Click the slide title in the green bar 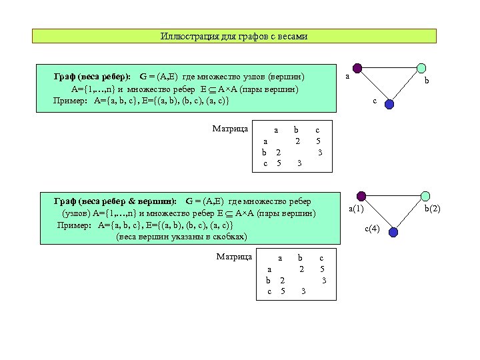coord(234,36)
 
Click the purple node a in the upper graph coord(357,68)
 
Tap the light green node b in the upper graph coord(421,68)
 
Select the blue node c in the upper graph coord(390,104)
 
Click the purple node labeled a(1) coord(361,196)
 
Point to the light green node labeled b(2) coord(424,196)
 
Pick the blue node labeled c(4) coord(393,232)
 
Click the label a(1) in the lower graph coord(356,209)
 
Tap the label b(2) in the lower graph coord(433,209)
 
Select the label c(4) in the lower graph coord(372,229)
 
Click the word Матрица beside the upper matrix coord(230,128)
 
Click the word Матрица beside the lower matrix coord(235,256)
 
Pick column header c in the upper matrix coord(317,130)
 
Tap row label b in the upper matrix coord(264,152)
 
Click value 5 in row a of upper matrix coord(319,141)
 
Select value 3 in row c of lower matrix coord(303,291)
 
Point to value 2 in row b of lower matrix coord(283,281)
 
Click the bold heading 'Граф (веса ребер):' coord(93,77)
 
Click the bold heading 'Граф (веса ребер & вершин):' coord(115,201)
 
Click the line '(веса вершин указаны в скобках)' coord(181,237)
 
